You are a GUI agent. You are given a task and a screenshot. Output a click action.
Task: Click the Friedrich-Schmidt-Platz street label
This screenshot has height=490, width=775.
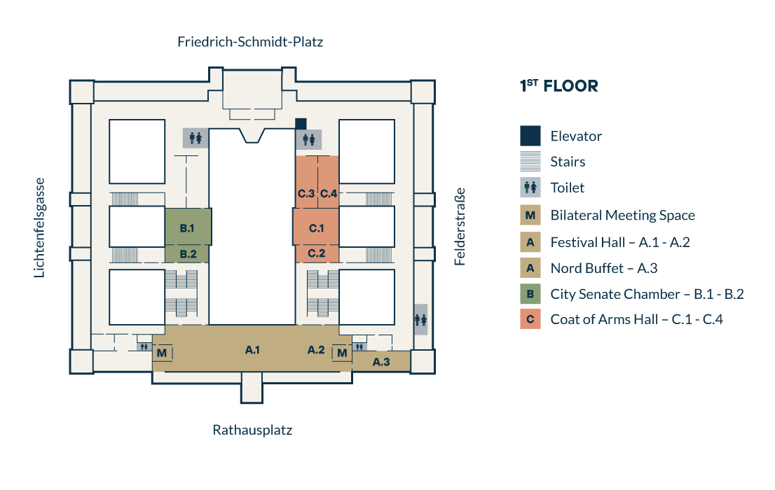tap(250, 42)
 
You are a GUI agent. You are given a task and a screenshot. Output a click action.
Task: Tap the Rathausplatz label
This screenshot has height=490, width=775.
tap(252, 430)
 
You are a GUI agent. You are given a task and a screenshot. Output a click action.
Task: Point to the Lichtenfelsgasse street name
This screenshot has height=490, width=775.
tap(40, 227)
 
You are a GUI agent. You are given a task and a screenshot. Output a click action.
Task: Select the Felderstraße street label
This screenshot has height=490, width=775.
tap(460, 227)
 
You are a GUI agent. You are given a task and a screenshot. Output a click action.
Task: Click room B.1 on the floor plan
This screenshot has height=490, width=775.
tap(187, 227)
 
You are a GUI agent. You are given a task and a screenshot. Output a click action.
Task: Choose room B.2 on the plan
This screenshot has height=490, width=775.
tap(187, 253)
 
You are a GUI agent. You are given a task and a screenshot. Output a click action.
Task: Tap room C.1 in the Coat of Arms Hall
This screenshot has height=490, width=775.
tap(316, 227)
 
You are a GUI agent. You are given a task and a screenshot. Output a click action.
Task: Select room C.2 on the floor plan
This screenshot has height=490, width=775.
tap(316, 253)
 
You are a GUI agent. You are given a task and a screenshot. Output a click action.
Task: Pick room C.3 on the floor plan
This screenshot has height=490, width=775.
tap(306, 193)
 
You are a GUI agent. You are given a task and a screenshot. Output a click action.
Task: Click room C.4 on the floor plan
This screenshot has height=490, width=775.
tap(329, 193)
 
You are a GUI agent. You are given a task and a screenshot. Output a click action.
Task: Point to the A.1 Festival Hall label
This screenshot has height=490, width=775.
tap(253, 349)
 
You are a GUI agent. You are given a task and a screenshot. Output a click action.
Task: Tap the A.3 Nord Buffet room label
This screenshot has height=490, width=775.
tap(380, 362)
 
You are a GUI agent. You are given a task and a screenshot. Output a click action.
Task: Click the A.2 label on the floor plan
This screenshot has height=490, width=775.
tap(316, 349)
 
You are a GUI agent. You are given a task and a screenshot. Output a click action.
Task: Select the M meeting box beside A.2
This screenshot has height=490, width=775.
tap(342, 353)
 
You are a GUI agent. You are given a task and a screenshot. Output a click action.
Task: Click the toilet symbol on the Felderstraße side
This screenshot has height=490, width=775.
tap(420, 319)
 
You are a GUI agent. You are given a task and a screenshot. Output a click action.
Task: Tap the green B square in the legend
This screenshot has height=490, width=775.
tap(530, 294)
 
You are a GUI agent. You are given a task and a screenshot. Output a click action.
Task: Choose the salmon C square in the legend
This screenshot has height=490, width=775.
tap(530, 320)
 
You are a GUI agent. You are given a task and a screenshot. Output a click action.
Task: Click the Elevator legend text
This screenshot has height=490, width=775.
tap(576, 136)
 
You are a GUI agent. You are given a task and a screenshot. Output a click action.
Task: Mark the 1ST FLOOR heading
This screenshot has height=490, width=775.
tap(558, 87)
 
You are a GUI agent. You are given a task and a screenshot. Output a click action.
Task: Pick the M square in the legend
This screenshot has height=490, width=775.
tap(530, 216)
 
